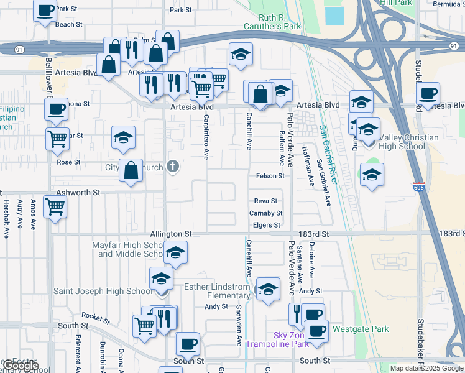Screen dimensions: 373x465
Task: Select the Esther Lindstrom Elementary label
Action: [218, 291]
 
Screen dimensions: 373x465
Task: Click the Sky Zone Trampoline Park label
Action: [277, 339]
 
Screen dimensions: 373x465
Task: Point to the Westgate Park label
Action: [361, 329]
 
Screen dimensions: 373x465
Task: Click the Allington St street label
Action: [170, 234]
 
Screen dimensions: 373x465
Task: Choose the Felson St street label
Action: [270, 176]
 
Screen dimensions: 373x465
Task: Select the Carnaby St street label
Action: [266, 213]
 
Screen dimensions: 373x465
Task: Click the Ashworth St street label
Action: [78, 193]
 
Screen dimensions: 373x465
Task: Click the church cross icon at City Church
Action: [172, 167]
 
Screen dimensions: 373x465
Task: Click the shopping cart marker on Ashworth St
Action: [55, 206]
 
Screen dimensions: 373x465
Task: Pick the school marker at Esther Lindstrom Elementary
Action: [268, 289]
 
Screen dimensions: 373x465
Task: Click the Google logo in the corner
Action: [19, 366]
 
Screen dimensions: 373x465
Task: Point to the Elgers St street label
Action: [267, 224]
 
